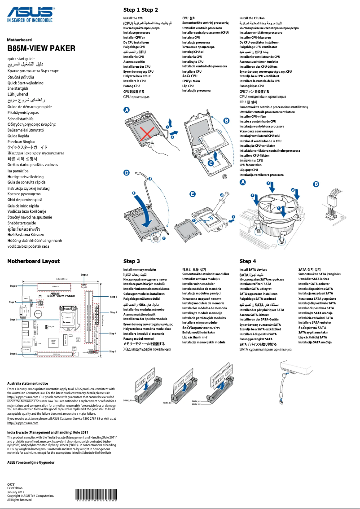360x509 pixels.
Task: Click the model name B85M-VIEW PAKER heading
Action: pos(41,48)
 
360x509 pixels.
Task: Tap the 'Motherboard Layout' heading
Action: pos(34,261)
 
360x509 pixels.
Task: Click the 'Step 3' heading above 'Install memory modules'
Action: pos(132,261)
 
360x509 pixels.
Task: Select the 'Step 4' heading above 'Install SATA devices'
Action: pos(248,261)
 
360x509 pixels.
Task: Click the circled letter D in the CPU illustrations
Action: pos(127,172)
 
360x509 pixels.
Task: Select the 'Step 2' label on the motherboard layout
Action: pos(84,274)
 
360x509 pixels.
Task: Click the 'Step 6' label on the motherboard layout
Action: pos(113,351)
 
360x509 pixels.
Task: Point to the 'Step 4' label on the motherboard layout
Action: pos(113,333)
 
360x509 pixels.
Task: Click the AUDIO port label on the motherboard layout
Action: pos(26,349)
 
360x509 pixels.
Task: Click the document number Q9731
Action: pos(12,485)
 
